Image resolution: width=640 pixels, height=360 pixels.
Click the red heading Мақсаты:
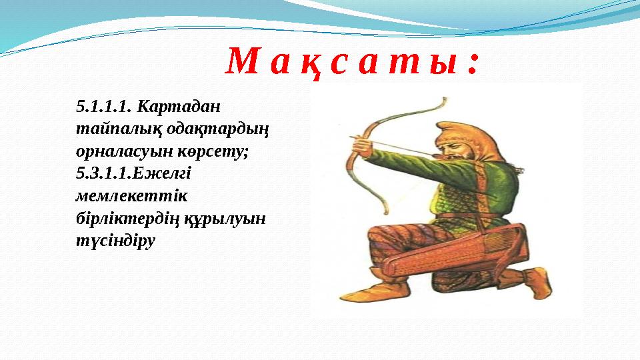point(352,63)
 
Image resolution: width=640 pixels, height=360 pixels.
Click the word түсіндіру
point(115,241)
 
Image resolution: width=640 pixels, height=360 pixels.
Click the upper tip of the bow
point(441,101)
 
